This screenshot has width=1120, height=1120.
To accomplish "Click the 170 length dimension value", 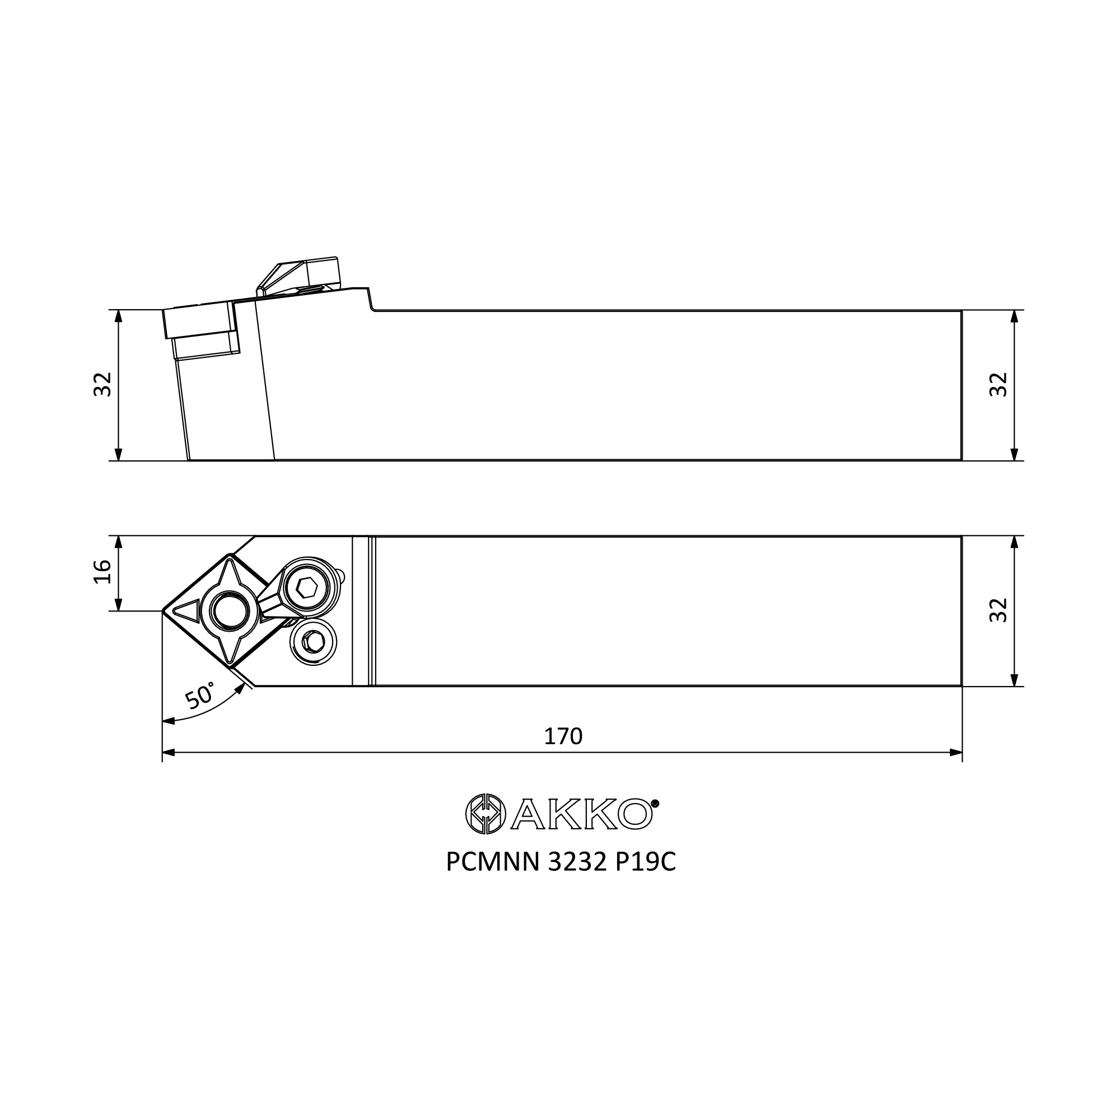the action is point(563,737).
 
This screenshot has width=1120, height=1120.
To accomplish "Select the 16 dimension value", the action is point(102,572).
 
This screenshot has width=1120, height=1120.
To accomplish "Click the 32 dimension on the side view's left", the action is point(102,384).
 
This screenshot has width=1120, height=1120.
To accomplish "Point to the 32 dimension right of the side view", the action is point(998,384).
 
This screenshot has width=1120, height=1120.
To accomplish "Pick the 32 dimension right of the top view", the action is point(998,610).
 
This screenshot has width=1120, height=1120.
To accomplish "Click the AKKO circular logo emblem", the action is point(486,814).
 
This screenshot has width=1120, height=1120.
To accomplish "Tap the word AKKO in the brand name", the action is point(580,814).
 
